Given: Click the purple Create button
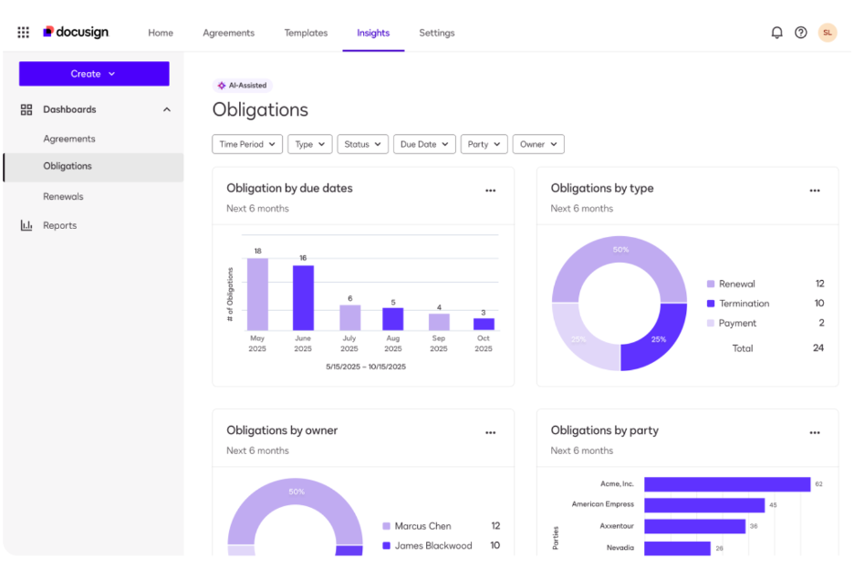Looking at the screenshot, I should pos(94,74).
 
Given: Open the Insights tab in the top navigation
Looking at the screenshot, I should pos(373,33).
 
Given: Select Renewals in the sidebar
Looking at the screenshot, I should pos(63,196).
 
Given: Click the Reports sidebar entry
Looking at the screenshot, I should pos(59,225).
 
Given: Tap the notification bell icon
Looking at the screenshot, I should pos(776,33).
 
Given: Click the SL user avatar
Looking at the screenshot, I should pos(827,33).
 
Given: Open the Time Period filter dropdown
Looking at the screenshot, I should pos(246,144).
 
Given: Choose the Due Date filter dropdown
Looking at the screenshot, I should pos(424,144).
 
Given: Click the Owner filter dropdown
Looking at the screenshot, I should pos(538,144).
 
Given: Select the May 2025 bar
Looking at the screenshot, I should pos(257,294).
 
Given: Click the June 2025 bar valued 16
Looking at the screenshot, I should pos(303,297).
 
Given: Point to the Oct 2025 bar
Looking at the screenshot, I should pos(484,324).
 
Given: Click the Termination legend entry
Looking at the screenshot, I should pos(744,304).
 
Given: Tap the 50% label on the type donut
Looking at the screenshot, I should pos(620,250).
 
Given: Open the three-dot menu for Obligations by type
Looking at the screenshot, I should pos(815,191).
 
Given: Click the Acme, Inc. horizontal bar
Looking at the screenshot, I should pos(726,484).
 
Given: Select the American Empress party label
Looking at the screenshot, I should pos(602,504).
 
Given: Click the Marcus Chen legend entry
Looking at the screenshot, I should pos(422,526).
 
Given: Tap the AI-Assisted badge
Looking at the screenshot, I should pos(243,86).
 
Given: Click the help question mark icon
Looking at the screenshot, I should pos(801,33).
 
